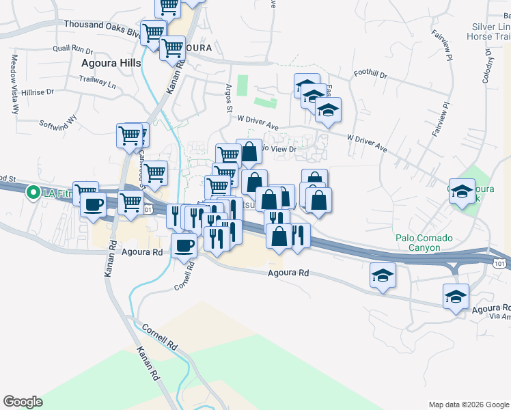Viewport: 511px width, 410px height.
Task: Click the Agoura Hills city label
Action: (111, 63)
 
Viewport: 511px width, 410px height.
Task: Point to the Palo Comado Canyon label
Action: (424, 243)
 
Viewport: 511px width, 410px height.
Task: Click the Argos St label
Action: (230, 99)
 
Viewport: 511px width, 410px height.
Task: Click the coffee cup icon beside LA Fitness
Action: (92, 204)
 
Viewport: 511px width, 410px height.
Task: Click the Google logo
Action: (23, 401)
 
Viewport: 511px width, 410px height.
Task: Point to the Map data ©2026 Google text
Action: (469, 405)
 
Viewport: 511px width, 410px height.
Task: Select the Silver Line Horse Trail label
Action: (488, 31)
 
